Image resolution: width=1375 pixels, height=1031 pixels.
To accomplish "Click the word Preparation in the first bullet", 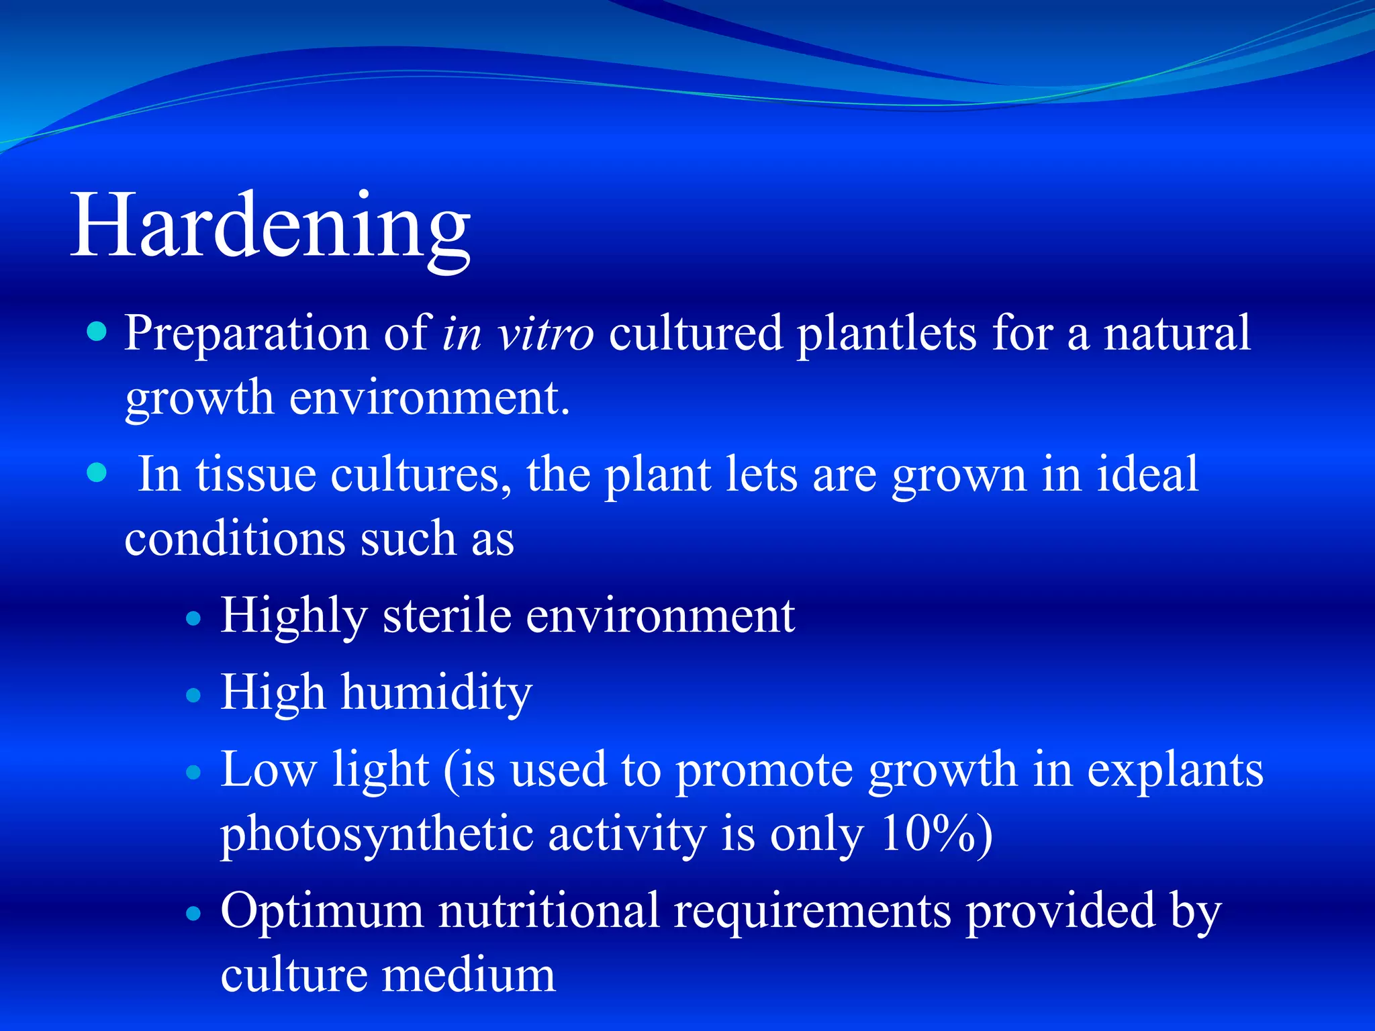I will (246, 334).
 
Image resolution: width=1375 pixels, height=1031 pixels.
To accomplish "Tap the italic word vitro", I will (544, 334).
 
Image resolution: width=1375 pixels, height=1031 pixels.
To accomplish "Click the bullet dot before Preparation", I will (97, 332).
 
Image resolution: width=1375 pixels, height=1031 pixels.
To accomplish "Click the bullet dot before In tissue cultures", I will (97, 473).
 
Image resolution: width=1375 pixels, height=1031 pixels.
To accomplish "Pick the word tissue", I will (255, 475).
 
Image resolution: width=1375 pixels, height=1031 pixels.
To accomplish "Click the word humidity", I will (436, 693).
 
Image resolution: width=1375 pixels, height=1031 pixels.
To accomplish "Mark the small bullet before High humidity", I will (193, 695).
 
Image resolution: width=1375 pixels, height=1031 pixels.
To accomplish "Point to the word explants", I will (1175, 771).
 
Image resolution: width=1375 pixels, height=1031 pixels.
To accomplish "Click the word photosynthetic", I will (376, 835).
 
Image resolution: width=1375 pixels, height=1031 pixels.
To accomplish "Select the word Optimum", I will (322, 911).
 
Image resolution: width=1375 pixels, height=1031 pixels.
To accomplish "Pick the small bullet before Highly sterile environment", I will (193, 618).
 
